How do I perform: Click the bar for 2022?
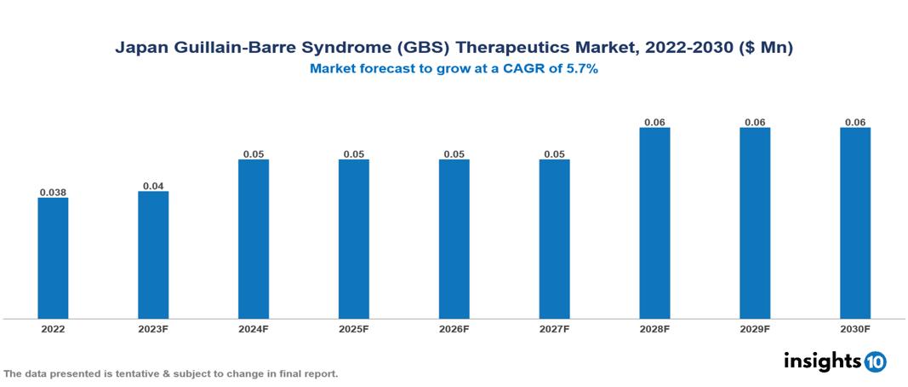coord(53,258)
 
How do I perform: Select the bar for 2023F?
coord(153,255)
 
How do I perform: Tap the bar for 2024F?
coord(254,239)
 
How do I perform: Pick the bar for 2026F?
coord(454,239)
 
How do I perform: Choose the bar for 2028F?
coord(654,223)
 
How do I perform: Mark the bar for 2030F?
coord(855,223)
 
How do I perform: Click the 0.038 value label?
coord(53,192)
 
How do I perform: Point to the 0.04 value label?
coord(153,185)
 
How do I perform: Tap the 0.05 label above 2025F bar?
coord(354,153)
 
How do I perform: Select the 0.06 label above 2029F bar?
coord(755,122)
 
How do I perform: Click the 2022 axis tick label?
coord(53,328)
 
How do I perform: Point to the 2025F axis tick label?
coord(354,328)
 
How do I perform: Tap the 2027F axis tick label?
coord(554,328)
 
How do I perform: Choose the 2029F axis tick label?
coord(755,328)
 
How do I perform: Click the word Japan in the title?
coord(139,49)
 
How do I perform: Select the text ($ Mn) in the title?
coord(767,49)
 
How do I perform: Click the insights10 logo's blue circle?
coord(875,361)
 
